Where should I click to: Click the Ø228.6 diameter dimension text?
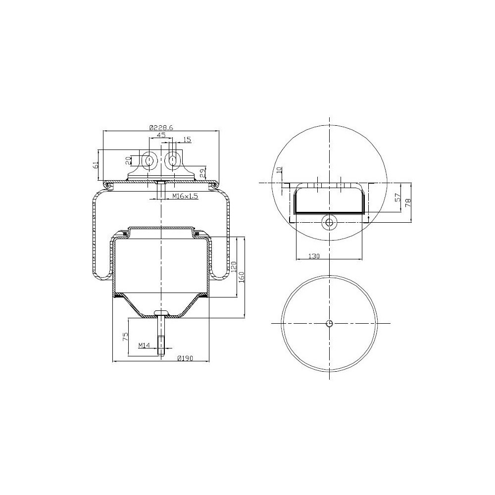click(161, 127)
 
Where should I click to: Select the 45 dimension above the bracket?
click(161, 135)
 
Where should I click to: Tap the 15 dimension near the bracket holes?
click(187, 140)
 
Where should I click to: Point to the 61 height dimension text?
click(96, 165)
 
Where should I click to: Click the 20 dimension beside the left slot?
click(128, 160)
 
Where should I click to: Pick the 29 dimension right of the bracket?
click(202, 173)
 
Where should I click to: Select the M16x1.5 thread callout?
click(185, 197)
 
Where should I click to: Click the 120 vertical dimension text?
click(233, 267)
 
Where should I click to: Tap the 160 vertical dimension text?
click(242, 277)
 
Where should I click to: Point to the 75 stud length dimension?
click(126, 337)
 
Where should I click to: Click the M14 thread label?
click(144, 345)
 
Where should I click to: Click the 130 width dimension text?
click(313, 256)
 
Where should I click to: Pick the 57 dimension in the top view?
click(397, 198)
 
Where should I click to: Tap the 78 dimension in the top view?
click(408, 202)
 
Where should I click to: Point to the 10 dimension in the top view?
click(279, 169)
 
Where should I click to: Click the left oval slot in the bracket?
click(148, 160)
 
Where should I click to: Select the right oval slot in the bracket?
click(173, 160)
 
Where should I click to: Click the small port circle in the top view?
click(329, 222)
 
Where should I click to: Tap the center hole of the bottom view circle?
click(330, 324)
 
